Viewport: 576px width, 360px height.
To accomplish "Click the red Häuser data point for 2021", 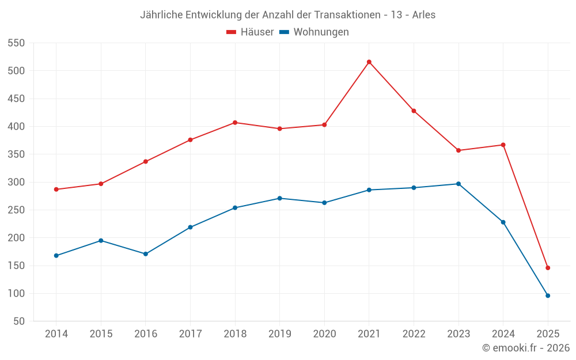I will coord(369,62).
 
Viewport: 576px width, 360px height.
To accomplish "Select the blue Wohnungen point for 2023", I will coord(458,184).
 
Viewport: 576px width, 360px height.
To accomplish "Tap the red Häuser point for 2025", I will coord(548,268).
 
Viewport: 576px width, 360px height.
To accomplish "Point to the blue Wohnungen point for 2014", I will coord(56,256).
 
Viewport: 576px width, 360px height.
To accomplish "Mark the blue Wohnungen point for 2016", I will coord(146,254).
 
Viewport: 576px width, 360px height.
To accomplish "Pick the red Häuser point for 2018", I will coord(235,123).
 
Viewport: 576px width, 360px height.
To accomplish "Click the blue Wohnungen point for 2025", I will coord(548,295).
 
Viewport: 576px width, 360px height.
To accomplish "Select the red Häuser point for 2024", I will coord(503,145).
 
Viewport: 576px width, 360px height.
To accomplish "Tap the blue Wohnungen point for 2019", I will coord(280,198).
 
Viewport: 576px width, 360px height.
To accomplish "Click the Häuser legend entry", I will coord(251,32).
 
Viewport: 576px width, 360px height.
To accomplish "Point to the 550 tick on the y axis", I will coord(16,43).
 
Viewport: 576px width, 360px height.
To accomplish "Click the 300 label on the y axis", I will coord(16,182).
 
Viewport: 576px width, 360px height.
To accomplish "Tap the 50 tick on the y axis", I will coord(19,321).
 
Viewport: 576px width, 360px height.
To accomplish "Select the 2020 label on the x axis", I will coord(324,334).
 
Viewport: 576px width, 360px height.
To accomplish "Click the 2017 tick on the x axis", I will coord(190,334).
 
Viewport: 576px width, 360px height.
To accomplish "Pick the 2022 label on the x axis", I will coord(414,334).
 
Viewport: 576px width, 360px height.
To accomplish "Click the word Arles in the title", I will coord(423,14).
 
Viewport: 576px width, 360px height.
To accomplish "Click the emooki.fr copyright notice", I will coord(525,348).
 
